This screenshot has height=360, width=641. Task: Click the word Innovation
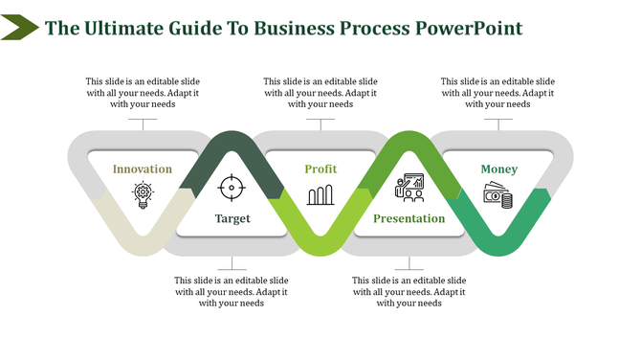click(x=143, y=169)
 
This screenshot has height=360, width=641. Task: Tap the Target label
click(x=232, y=218)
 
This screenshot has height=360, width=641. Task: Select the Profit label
click(x=320, y=169)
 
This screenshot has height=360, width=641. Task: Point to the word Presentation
click(x=409, y=218)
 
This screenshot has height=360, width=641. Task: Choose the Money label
click(x=498, y=169)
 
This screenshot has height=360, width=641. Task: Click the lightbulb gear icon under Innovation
click(x=143, y=195)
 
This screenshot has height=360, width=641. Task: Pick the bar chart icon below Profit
click(x=320, y=196)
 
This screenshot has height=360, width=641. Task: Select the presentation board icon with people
click(x=409, y=186)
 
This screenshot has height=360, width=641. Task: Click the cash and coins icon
click(x=497, y=197)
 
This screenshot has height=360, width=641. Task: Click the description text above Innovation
click(x=143, y=93)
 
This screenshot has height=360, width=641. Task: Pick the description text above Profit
click(x=320, y=93)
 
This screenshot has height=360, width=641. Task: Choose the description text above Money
click(x=497, y=93)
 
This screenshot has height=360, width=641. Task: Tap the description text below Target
click(x=232, y=292)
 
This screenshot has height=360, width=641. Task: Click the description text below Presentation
click(x=409, y=292)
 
